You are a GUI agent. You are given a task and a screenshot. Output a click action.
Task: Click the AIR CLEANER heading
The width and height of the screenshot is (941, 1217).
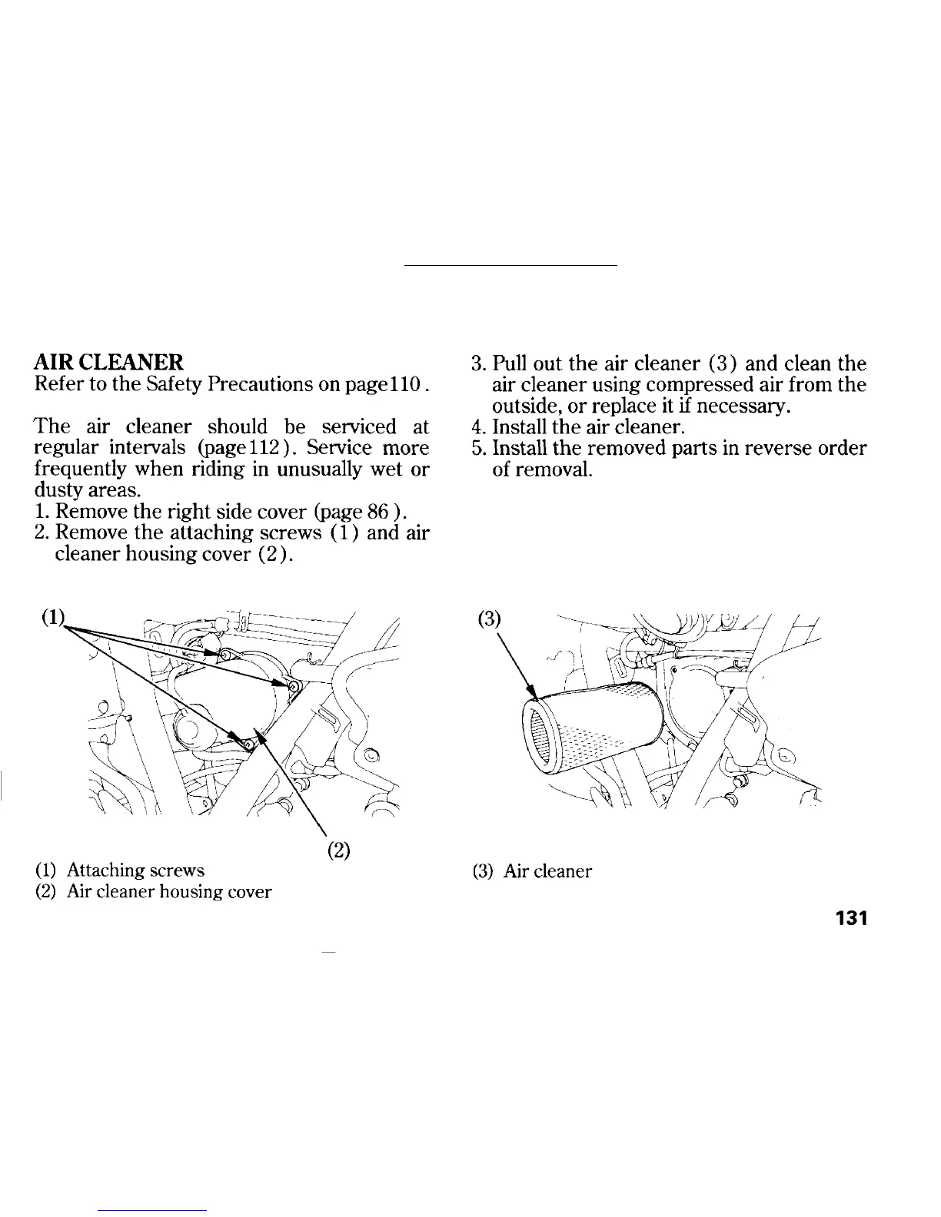[109, 361]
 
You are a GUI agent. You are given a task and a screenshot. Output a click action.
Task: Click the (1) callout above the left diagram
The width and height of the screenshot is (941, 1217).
[53, 619]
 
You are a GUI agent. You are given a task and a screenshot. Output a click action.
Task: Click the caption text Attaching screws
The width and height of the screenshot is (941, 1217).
[135, 870]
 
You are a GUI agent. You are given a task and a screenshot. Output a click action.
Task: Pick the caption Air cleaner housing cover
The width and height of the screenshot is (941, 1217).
[169, 892]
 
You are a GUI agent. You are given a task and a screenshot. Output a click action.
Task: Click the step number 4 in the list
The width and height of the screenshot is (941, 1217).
[475, 426]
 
